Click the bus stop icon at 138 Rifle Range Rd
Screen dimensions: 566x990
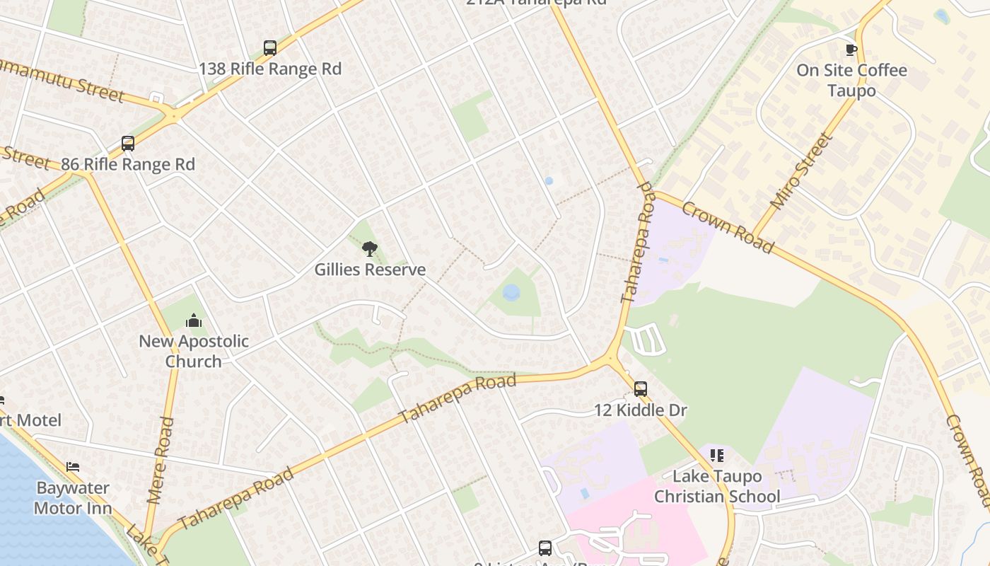269,48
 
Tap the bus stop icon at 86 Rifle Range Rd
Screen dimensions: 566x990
127,144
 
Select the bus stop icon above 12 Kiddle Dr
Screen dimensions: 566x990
640,388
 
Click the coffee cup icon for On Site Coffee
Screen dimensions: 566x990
851,50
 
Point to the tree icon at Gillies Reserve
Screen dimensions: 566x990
369,248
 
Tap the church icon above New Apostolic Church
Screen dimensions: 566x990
194,321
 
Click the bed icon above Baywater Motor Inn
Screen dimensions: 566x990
72,467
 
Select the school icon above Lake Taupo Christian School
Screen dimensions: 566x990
717,455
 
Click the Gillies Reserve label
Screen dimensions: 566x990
370,270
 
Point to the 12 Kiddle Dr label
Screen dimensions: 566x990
640,410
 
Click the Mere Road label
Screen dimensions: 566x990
161,460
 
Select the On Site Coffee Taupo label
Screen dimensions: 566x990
851,80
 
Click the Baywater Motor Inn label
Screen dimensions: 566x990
72,497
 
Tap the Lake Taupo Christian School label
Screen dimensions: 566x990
717,486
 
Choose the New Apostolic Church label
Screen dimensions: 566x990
194,351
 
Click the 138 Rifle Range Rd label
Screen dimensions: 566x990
269,69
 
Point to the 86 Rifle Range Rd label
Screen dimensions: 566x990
127,164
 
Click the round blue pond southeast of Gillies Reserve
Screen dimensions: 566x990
511,292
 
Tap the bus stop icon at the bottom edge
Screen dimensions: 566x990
544,548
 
